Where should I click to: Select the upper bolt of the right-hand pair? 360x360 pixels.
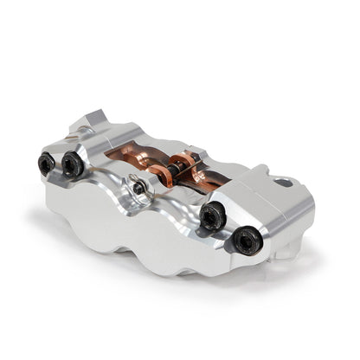tap(213, 216)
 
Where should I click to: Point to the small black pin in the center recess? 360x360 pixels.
tap(138, 187)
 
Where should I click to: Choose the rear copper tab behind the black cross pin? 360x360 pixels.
tap(184, 156)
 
